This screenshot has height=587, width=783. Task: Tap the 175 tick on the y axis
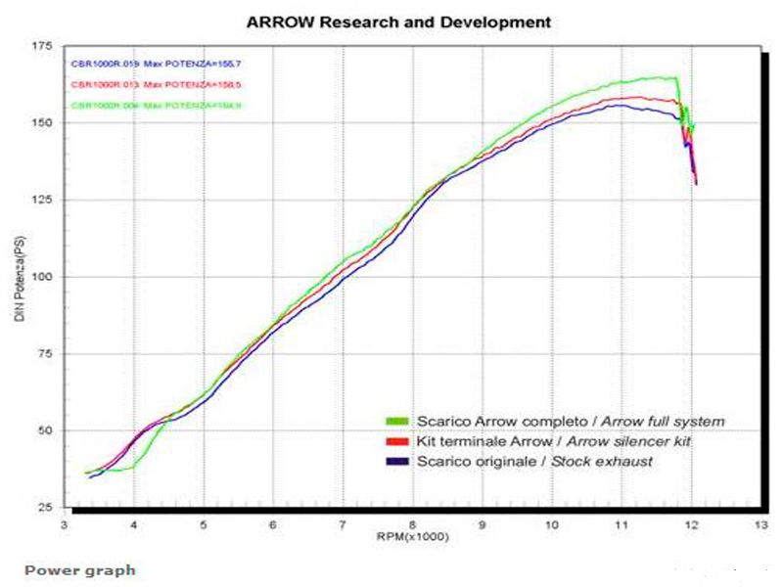[x=43, y=46]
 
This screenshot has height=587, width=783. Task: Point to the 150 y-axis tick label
[x=43, y=123]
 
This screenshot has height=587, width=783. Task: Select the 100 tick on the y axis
[x=43, y=277]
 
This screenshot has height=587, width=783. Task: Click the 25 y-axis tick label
[x=46, y=508]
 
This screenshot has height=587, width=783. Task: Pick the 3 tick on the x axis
[x=65, y=525]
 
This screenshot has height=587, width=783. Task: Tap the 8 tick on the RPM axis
[x=414, y=525]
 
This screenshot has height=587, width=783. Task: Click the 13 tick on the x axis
[x=761, y=525]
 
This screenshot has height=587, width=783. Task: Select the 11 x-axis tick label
[x=622, y=525]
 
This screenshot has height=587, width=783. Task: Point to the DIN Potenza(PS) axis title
[x=20, y=278]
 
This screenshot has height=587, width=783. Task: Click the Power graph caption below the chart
[x=80, y=570]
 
